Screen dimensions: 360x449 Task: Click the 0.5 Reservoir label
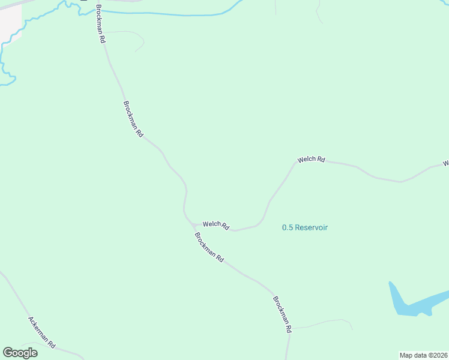pyautogui.click(x=305, y=227)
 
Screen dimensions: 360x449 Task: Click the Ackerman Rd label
pyautogui.click(x=42, y=332)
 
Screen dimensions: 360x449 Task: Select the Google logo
pyautogui.click(x=20, y=353)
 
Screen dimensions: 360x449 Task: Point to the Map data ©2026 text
pyautogui.click(x=423, y=355)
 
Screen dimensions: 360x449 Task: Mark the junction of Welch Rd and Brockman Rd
pyautogui.click(x=194, y=225)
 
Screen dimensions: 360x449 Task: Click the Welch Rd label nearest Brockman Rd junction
pyautogui.click(x=216, y=225)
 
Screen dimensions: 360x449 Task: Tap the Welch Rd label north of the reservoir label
pyautogui.click(x=311, y=160)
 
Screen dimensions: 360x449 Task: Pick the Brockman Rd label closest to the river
pyautogui.click(x=101, y=24)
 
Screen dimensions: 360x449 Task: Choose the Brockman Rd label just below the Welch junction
pyautogui.click(x=209, y=247)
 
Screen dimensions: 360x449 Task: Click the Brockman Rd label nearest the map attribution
pyautogui.click(x=282, y=314)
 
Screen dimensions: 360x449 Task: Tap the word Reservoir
pyautogui.click(x=312, y=227)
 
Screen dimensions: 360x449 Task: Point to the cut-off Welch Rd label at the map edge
pyautogui.click(x=445, y=163)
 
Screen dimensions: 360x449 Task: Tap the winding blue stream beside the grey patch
pyautogui.click(x=24, y=30)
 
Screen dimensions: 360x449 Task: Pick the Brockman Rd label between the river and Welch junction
pyautogui.click(x=133, y=119)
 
